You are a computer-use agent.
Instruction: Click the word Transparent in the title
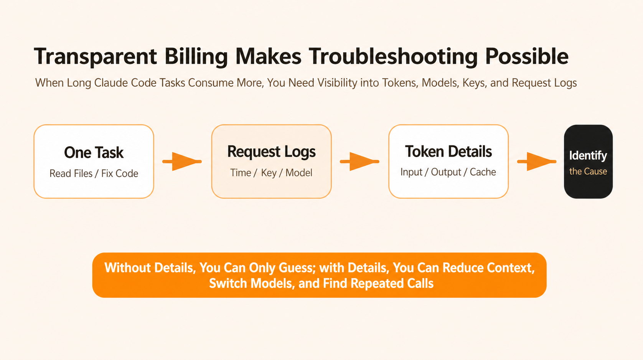click(96, 56)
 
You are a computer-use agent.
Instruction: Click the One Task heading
click(94, 152)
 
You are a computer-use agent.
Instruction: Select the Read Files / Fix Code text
click(94, 173)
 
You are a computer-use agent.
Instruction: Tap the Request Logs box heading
click(271, 152)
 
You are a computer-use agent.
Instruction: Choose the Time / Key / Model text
click(271, 173)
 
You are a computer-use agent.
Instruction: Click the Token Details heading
click(448, 151)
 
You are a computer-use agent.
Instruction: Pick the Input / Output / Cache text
click(448, 172)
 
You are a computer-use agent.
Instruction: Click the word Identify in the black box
click(588, 155)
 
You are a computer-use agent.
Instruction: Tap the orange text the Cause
click(588, 172)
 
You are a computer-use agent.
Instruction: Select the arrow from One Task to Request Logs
click(182, 161)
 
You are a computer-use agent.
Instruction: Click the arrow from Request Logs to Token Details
click(359, 161)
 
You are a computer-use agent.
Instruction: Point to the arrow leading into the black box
click(537, 161)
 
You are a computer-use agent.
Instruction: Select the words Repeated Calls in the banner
click(392, 283)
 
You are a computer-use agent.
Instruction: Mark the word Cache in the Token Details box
click(483, 172)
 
